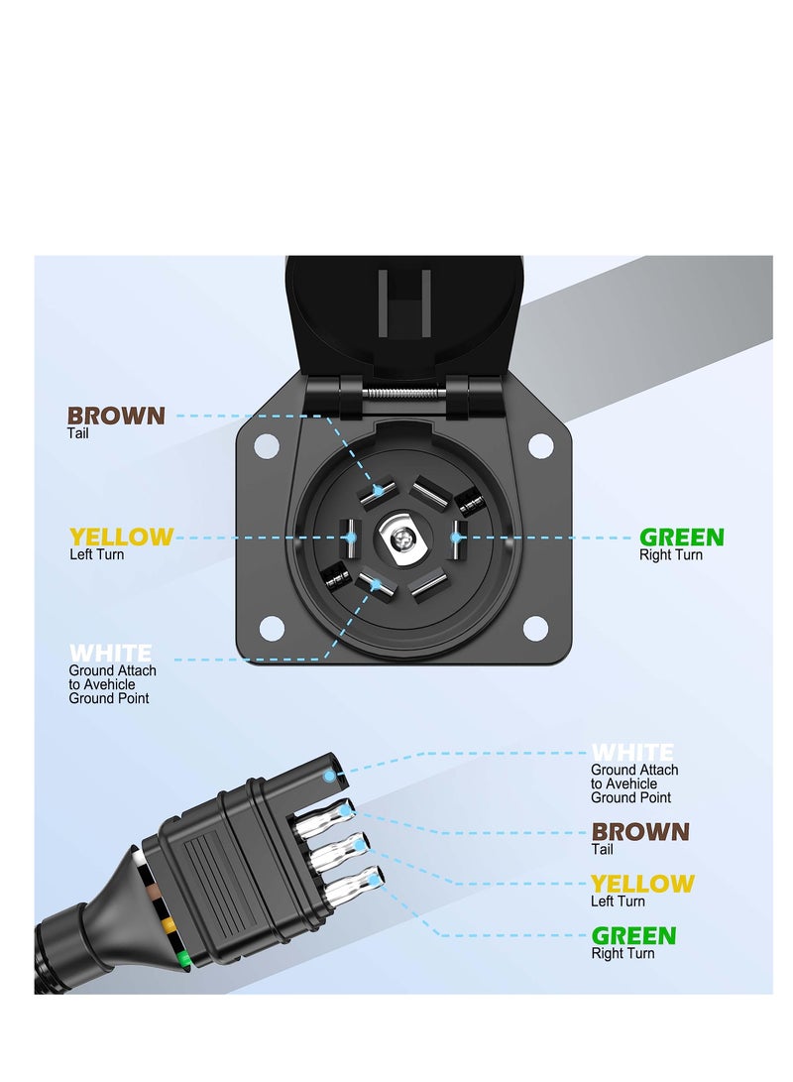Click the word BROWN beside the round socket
point(116,416)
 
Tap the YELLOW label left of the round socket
point(121,538)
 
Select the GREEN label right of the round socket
point(681,538)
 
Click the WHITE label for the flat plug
point(632,753)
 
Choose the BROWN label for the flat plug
point(640,832)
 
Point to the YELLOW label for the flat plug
point(642,884)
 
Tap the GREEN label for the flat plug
point(633,935)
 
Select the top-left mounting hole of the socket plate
point(266,445)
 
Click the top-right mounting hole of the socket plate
point(540,445)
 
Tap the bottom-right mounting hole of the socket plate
point(535,628)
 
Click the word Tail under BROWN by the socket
point(77,433)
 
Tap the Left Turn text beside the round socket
point(96,554)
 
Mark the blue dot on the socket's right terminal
point(455,538)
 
